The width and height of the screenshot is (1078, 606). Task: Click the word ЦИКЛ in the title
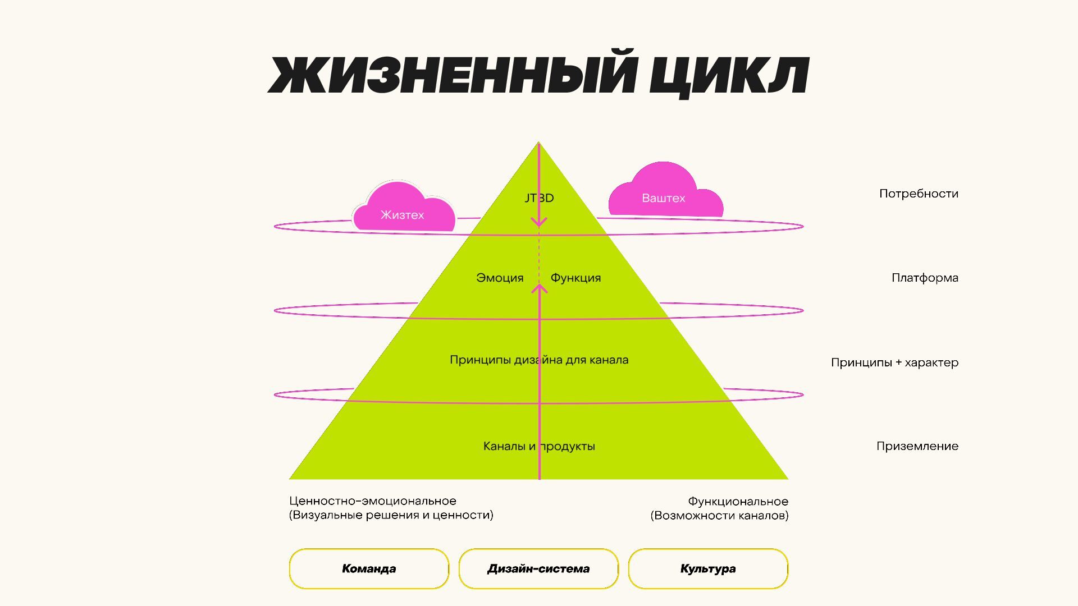pyautogui.click(x=728, y=75)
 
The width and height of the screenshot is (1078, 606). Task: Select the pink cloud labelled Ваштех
pyautogui.click(x=664, y=194)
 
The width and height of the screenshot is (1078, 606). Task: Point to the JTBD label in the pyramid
pyautogui.click(x=539, y=198)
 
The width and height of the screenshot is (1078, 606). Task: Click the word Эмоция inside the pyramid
pyautogui.click(x=500, y=278)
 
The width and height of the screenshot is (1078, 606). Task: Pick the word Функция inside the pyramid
pyautogui.click(x=575, y=278)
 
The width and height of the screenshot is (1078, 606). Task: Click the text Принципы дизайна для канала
pyautogui.click(x=539, y=360)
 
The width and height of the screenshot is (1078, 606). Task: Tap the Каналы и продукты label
pyautogui.click(x=539, y=446)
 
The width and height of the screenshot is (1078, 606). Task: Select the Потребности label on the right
pyautogui.click(x=919, y=194)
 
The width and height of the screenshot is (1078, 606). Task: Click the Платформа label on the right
pyautogui.click(x=925, y=278)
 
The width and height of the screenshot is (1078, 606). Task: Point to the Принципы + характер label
pyautogui.click(x=894, y=362)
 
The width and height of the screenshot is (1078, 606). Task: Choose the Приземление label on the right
pyautogui.click(x=917, y=446)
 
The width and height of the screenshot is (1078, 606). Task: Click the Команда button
pyautogui.click(x=369, y=568)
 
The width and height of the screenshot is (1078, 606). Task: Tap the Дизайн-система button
pyautogui.click(x=538, y=568)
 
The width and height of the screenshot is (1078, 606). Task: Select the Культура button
pyautogui.click(x=708, y=568)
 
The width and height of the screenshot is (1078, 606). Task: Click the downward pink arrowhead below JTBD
pyautogui.click(x=539, y=223)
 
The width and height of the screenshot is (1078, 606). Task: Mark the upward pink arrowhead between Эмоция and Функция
pyautogui.click(x=540, y=288)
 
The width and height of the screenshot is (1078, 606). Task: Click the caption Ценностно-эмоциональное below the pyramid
pyautogui.click(x=373, y=501)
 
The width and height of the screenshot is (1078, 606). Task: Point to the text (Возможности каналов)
pyautogui.click(x=719, y=516)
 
